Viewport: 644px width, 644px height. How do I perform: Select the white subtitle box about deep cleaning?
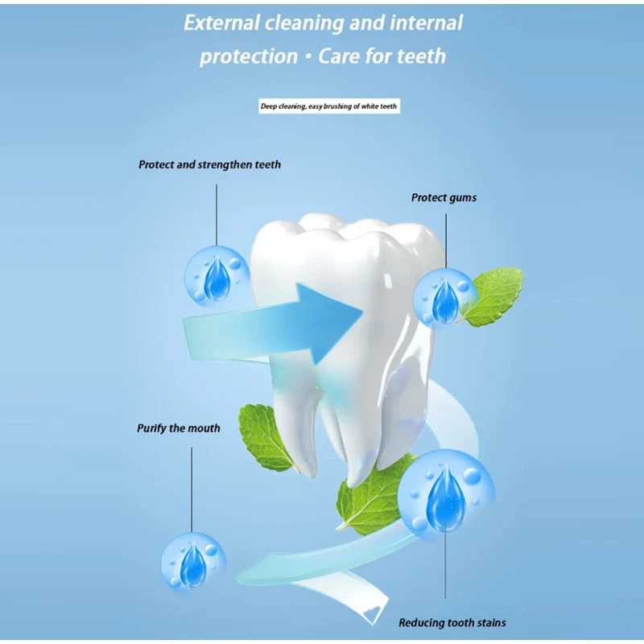coord(328,106)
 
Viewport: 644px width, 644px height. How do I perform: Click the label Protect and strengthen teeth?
coord(209,164)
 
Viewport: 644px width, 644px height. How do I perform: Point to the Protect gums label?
coord(444,197)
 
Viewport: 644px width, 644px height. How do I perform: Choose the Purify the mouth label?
coord(178,428)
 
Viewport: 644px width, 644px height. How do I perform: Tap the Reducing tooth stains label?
coord(452,622)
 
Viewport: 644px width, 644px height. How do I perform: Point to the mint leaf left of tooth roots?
coord(268,436)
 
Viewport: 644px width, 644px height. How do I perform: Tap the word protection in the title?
coord(248,56)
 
